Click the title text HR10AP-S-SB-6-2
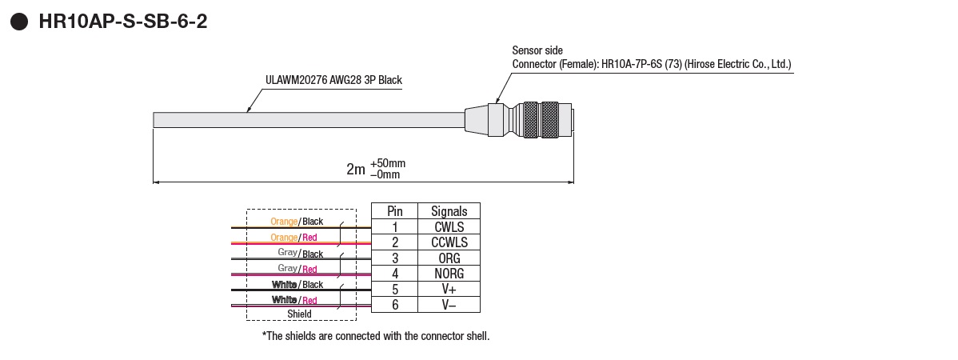(x=122, y=22)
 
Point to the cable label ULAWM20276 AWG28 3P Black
(x=333, y=80)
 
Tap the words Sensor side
(x=537, y=50)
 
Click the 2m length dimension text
(x=356, y=169)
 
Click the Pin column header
(x=395, y=211)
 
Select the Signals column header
(x=449, y=211)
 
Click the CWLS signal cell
(x=449, y=227)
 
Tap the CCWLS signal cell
(x=449, y=242)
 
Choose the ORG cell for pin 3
(x=449, y=258)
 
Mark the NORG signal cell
(x=449, y=274)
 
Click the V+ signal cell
(x=449, y=289)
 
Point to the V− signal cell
(x=449, y=305)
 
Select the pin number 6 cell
(x=395, y=305)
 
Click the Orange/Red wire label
(x=293, y=238)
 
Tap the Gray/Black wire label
(x=300, y=254)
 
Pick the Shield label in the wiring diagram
(x=299, y=314)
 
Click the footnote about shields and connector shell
(x=376, y=336)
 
